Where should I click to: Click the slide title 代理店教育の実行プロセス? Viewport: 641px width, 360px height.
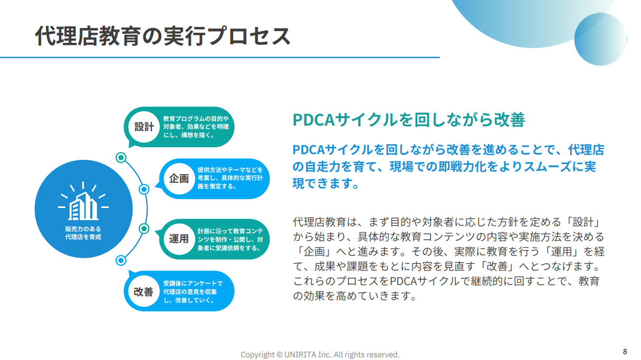click(x=162, y=36)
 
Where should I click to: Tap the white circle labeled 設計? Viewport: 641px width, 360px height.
click(x=144, y=127)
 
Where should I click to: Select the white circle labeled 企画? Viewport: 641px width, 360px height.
click(x=179, y=179)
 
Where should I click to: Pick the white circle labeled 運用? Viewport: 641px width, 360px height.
click(x=179, y=239)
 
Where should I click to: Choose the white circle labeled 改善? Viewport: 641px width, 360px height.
click(x=144, y=291)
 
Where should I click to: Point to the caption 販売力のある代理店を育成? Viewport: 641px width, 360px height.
click(x=83, y=233)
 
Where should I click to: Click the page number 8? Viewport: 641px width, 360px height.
click(x=625, y=352)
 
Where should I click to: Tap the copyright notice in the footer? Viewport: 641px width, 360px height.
click(x=320, y=355)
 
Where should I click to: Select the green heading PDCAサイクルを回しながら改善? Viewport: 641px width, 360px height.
click(x=409, y=119)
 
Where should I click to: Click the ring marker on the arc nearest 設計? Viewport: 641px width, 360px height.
click(x=121, y=157)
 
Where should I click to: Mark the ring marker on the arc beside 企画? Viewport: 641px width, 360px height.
click(x=144, y=190)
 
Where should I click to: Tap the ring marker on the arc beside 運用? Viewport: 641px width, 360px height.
click(x=144, y=229)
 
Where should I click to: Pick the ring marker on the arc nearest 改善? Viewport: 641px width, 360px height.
click(x=121, y=260)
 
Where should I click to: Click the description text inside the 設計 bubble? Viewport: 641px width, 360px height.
click(x=196, y=127)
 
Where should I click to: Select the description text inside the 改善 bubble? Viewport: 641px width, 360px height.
click(x=193, y=291)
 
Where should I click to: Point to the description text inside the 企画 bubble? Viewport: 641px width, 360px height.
click(x=230, y=178)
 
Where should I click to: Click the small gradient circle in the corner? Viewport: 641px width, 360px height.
click(x=601, y=39)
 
